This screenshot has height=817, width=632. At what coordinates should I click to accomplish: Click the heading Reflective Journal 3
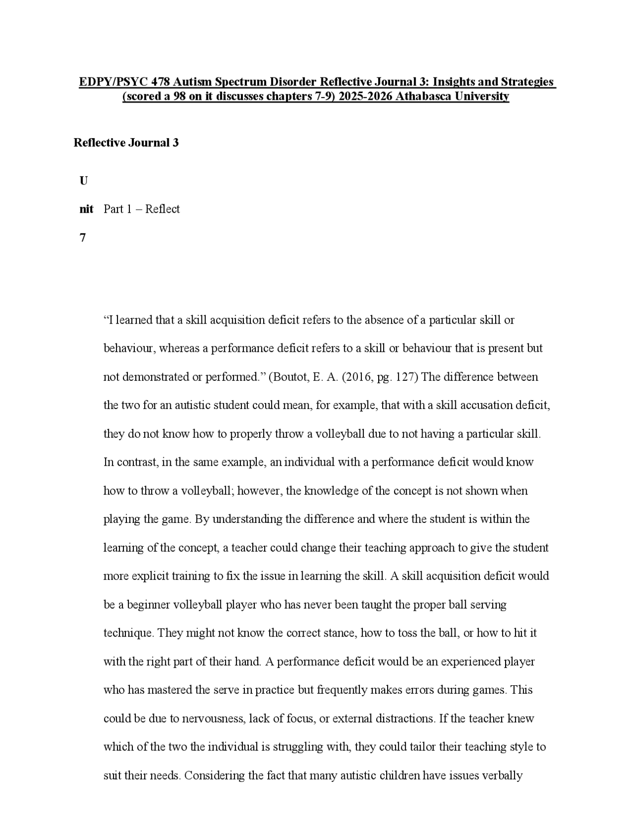pos(126,143)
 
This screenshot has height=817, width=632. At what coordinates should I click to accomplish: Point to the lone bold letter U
pos(83,181)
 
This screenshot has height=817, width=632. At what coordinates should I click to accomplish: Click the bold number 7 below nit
pos(82,238)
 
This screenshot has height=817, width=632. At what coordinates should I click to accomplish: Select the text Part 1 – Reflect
pos(142,209)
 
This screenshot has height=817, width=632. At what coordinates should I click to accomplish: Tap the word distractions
pos(405,718)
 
